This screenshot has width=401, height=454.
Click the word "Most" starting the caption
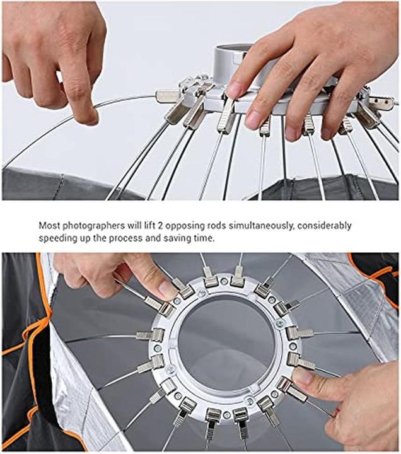pos(49,225)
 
